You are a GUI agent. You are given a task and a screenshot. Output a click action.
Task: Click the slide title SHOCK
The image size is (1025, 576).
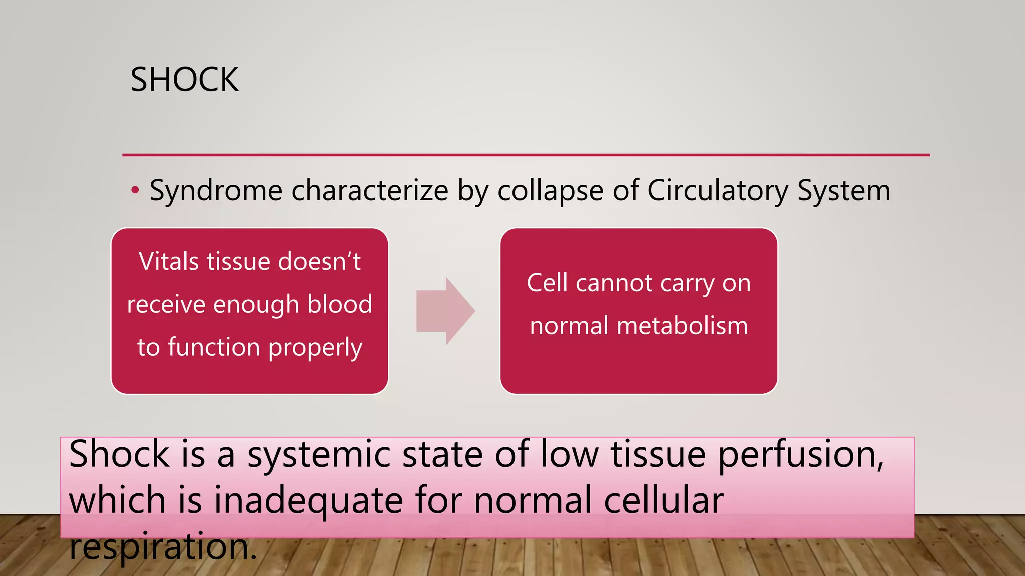(x=184, y=80)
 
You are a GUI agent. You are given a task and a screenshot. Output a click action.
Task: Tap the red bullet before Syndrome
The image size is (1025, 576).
(x=135, y=190)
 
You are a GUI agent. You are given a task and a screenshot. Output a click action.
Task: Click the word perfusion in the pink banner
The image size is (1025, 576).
(x=801, y=455)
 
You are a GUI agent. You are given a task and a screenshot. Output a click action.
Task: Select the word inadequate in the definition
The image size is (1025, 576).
(x=308, y=501)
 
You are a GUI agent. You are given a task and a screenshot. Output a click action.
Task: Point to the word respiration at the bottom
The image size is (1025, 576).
(x=163, y=547)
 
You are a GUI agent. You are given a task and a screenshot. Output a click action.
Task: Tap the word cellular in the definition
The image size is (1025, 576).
(x=664, y=501)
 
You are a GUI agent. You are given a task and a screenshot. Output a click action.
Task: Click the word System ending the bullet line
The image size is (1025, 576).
(x=844, y=190)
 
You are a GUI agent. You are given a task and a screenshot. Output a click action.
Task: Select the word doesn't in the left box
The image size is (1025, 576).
(x=319, y=261)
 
